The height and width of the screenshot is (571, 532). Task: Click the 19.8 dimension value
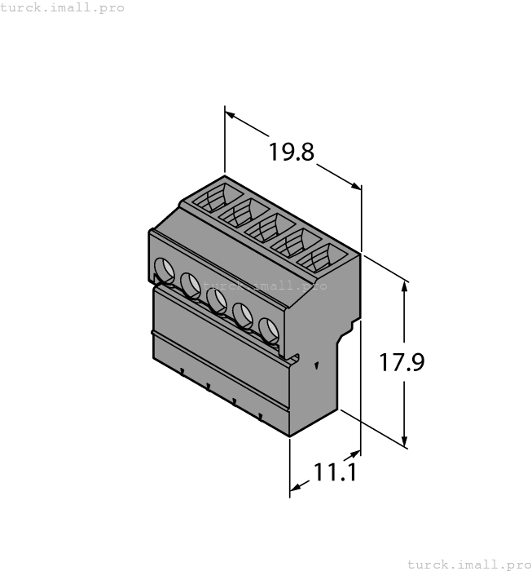[292, 153]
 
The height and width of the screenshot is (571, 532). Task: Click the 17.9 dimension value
[402, 361]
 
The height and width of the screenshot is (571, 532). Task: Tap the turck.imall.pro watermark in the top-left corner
[63, 7]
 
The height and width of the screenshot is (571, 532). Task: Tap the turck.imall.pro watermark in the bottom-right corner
[468, 564]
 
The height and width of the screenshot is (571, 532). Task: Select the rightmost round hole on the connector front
[268, 329]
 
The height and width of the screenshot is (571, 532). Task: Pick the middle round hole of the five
[216, 299]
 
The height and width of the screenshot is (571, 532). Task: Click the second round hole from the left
[190, 285]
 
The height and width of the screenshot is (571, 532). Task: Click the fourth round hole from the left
[242, 314]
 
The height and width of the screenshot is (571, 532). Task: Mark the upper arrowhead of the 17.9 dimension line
[405, 285]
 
